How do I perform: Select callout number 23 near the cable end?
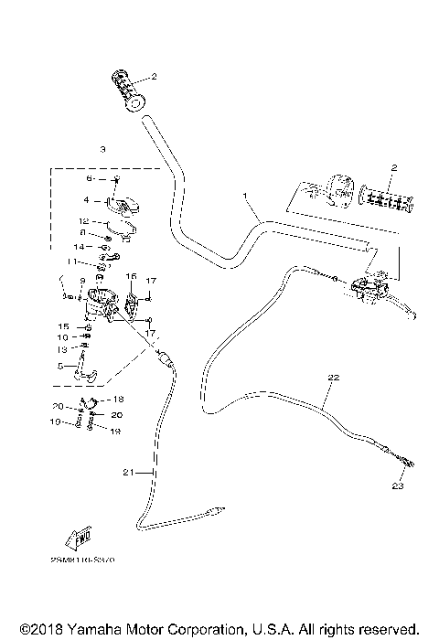pyautogui.click(x=398, y=485)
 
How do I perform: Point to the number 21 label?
pyautogui.click(x=128, y=472)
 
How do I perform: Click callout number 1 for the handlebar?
pyautogui.click(x=245, y=197)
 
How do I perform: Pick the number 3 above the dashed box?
pyautogui.click(x=102, y=148)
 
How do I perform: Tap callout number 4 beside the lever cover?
pyautogui.click(x=86, y=199)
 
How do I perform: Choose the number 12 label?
pyautogui.click(x=82, y=221)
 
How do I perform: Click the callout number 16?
pyautogui.click(x=131, y=275)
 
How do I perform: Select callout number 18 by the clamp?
pyautogui.click(x=117, y=400)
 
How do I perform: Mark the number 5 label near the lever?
pyautogui.click(x=61, y=367)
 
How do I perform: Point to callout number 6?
pyautogui.click(x=88, y=178)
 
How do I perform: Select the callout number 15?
pyautogui.click(x=64, y=326)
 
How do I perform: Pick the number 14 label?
pyautogui.click(x=80, y=247)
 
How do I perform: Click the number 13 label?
pyautogui.click(x=62, y=348)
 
